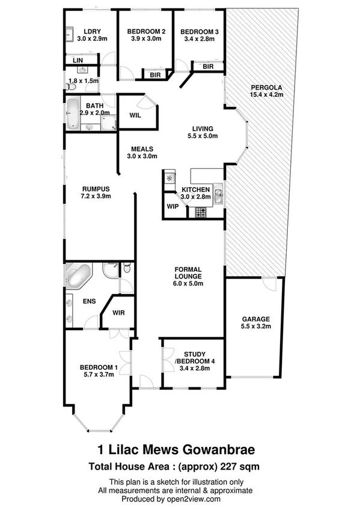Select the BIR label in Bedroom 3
[208, 67]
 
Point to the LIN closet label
[78, 61]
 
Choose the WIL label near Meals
[135, 115]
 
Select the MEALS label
[142, 149]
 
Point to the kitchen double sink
[219, 194]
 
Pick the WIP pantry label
[173, 206]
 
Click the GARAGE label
[256, 319]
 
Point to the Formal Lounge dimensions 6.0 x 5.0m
[189, 283]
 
